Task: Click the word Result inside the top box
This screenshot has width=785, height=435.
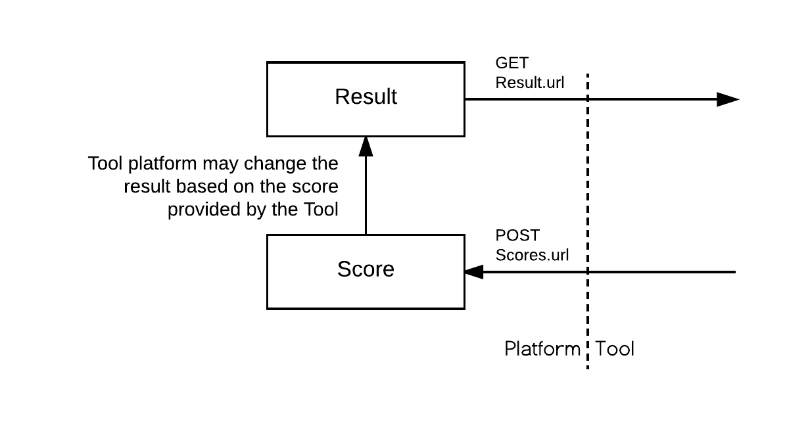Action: tap(366, 97)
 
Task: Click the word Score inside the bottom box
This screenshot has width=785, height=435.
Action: tap(366, 269)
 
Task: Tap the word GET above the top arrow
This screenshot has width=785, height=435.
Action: tap(511, 64)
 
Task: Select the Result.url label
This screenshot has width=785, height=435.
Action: tap(529, 83)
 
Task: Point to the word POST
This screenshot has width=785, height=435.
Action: tap(517, 236)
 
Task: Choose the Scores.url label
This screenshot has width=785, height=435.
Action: tap(532, 256)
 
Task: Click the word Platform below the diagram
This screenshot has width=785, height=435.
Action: tap(542, 349)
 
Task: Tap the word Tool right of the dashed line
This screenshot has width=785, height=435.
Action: tap(615, 349)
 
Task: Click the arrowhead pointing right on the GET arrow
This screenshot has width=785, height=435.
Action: tap(728, 100)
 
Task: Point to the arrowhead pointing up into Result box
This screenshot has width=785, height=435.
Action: tap(366, 147)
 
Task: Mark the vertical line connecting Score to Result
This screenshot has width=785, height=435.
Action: tap(366, 197)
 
